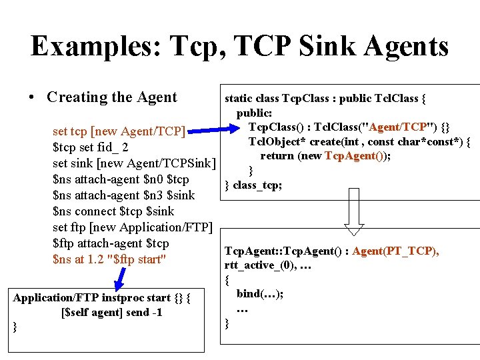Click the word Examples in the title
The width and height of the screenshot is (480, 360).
tap(93, 46)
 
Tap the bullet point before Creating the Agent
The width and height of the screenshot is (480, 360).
tap(32, 97)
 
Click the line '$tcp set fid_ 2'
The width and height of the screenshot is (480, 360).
tap(91, 147)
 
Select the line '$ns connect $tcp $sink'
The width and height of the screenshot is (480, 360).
tap(113, 211)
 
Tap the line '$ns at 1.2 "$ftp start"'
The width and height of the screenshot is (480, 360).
tap(109, 259)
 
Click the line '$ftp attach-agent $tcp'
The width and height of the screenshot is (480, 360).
tap(111, 243)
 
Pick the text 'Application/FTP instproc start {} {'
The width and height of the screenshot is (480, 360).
tap(102, 298)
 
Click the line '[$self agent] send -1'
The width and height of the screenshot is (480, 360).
tap(111, 312)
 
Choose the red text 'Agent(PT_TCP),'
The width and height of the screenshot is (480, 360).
tap(395, 251)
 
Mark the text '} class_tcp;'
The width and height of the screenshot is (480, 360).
tap(253, 185)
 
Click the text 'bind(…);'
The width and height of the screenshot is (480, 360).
tap(259, 294)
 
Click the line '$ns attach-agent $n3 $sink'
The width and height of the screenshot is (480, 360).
tap(124, 195)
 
